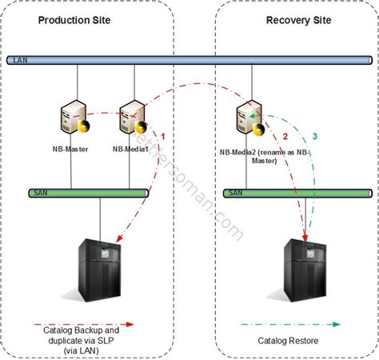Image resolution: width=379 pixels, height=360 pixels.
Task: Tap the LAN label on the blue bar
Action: point(17,59)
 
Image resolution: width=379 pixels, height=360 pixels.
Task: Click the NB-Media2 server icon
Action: point(245,120)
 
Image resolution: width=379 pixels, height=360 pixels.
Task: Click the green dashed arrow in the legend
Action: point(291,324)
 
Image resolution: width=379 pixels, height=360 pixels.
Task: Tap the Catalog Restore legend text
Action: point(290,339)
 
